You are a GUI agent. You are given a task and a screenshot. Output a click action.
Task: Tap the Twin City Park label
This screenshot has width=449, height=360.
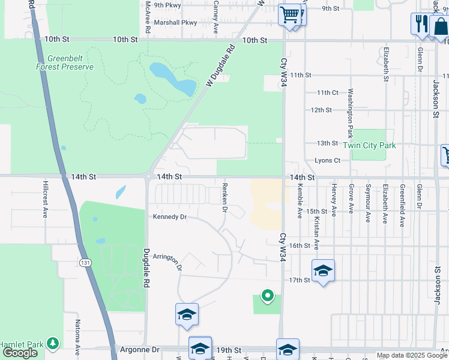point(370,145)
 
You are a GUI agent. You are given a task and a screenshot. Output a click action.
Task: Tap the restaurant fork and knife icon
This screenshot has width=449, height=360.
point(420,23)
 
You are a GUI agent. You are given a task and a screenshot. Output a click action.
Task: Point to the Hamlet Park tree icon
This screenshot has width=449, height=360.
point(54,343)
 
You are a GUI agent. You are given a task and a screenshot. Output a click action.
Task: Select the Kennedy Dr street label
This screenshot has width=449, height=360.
point(170,217)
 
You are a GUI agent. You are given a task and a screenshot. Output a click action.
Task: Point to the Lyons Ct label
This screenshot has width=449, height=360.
point(327,161)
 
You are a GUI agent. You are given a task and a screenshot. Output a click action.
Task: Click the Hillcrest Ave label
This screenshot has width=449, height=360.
point(45,199)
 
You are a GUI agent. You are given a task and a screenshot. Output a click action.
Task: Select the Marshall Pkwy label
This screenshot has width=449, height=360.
point(175,23)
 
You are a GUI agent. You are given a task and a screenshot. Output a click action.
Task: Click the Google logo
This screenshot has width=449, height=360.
point(20,353)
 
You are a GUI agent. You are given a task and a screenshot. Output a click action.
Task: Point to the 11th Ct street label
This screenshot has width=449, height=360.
point(328,92)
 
